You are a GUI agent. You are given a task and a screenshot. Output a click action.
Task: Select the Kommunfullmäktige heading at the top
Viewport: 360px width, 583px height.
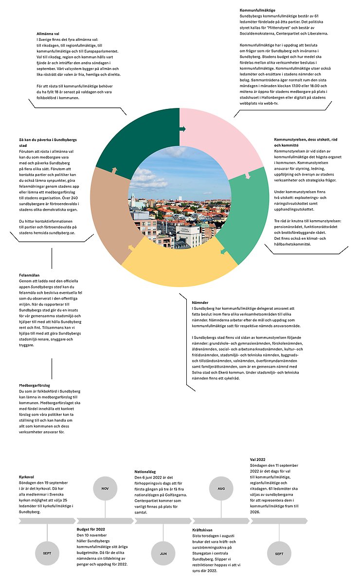click(x=258, y=10)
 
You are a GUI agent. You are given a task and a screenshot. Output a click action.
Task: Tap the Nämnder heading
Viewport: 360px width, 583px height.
click(x=201, y=302)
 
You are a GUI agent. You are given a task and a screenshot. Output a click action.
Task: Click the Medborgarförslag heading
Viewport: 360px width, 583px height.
click(x=36, y=385)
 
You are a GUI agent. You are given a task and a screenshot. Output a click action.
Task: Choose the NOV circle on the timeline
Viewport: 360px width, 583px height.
click(x=105, y=488)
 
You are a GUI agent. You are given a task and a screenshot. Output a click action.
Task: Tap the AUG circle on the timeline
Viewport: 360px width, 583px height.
click(x=221, y=488)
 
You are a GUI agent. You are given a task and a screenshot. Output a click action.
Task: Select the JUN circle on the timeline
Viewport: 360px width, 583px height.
click(x=163, y=553)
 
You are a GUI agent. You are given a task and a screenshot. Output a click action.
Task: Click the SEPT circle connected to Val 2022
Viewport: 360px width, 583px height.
click(x=279, y=553)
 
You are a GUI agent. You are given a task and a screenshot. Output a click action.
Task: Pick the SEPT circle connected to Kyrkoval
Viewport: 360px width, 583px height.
click(x=47, y=553)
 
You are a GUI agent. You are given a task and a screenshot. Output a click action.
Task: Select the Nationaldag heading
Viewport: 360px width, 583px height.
click(x=145, y=472)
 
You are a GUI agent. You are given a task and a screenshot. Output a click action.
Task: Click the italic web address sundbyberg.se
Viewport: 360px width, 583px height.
click(x=62, y=233)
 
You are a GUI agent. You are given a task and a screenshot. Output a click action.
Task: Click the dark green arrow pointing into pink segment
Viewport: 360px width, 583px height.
click(x=182, y=129)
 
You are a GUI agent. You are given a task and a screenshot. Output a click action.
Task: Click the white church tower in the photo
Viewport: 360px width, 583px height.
click(x=132, y=199)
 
